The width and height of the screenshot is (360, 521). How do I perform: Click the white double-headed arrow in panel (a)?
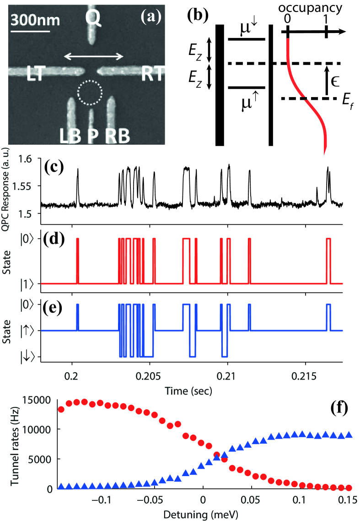(94, 56)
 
